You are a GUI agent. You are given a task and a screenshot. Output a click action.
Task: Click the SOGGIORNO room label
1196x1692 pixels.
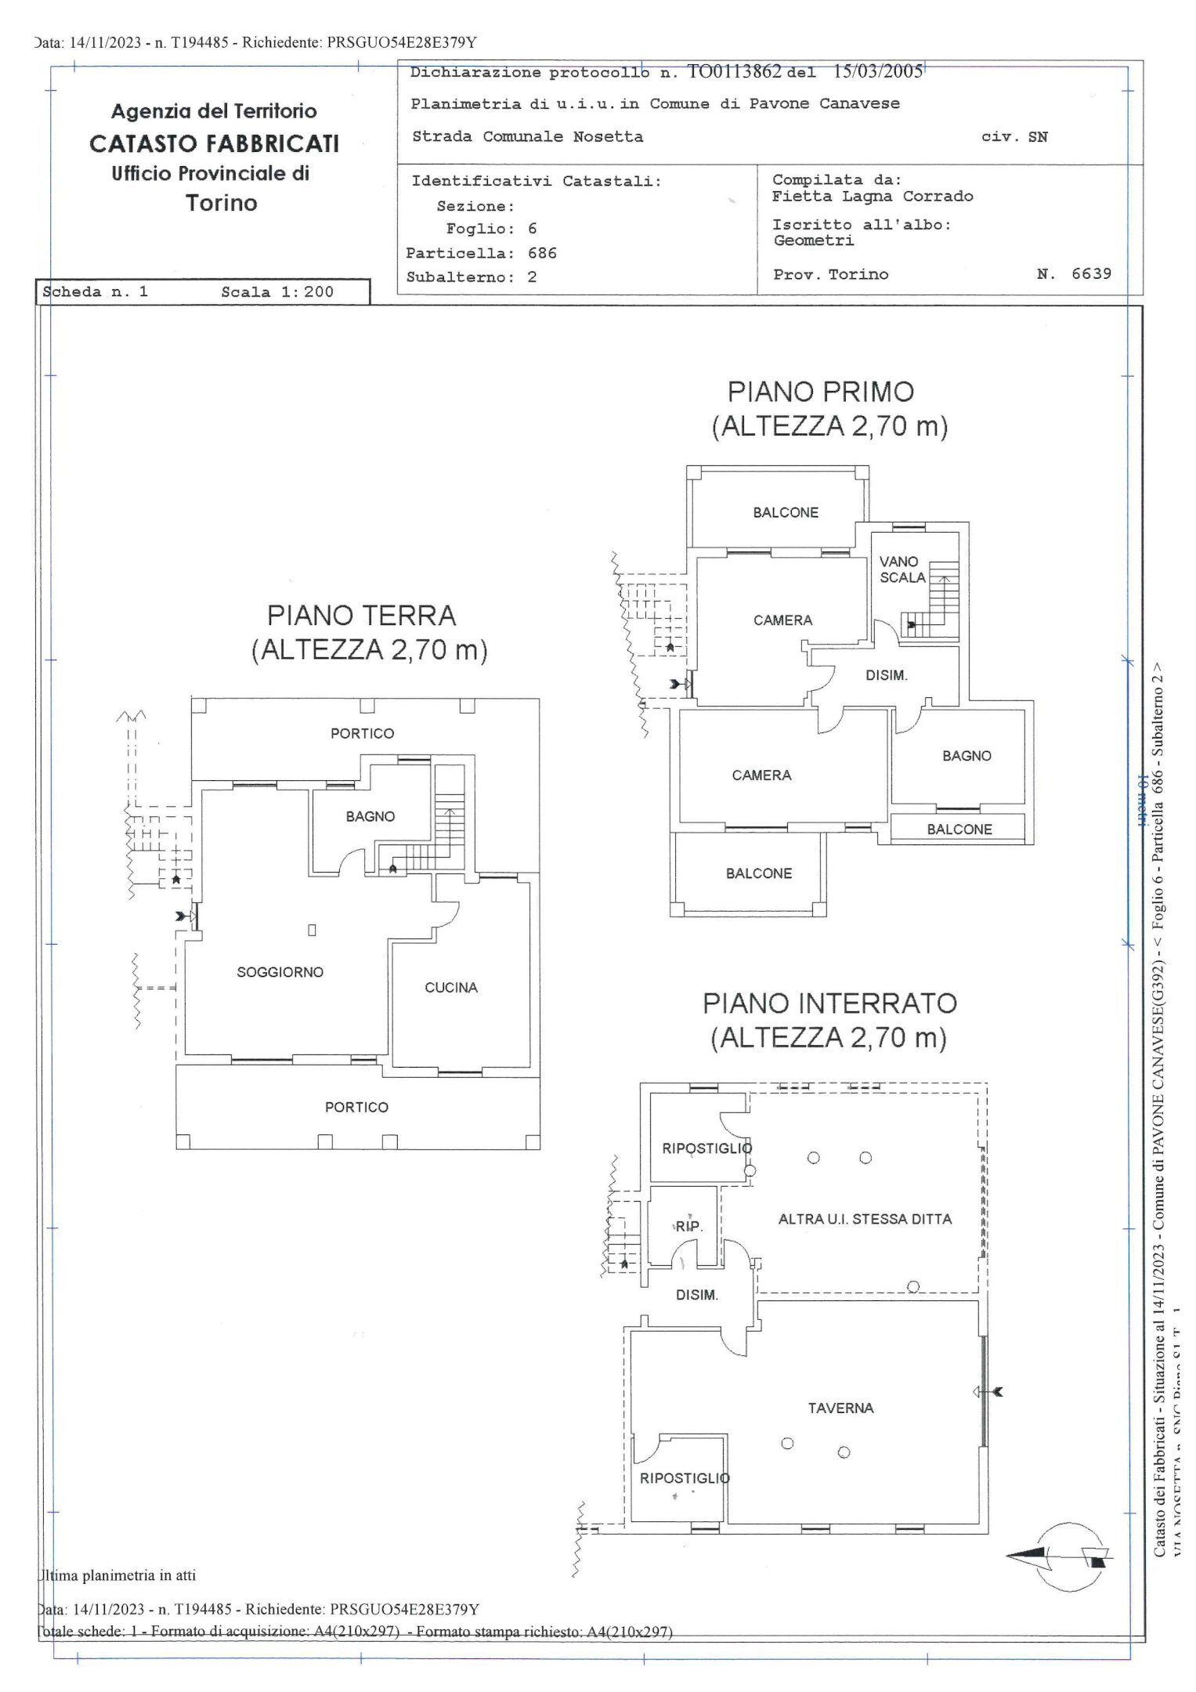[280, 972]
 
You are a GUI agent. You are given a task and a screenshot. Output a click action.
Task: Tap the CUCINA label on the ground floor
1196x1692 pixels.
[451, 988]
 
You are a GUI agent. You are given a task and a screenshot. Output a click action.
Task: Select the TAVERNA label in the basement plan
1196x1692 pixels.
[840, 1408]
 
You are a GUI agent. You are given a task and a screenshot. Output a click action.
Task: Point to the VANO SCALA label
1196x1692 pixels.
[902, 569]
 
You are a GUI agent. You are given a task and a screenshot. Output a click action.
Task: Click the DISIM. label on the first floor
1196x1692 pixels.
[886, 675]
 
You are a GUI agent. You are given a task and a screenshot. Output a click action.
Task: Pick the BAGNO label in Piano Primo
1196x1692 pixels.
[967, 756]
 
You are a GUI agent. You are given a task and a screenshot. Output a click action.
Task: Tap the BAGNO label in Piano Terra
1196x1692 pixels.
[370, 816]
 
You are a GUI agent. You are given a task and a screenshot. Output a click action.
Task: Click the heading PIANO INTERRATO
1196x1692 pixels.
[829, 1003]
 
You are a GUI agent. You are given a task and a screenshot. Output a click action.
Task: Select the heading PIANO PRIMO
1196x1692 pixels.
[821, 392]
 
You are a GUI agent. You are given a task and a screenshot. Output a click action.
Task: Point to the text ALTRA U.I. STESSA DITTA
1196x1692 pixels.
[865, 1219]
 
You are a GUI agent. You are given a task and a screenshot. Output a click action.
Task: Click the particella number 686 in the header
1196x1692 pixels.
[542, 253]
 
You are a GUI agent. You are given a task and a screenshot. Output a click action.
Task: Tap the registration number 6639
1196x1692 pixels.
[1091, 273]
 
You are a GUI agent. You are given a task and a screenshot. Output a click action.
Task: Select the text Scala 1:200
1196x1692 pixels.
[277, 292]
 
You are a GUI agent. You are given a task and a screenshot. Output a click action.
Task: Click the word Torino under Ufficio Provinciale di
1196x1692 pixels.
[222, 203]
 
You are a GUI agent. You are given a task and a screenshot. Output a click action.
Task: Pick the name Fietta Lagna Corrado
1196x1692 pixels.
[873, 197]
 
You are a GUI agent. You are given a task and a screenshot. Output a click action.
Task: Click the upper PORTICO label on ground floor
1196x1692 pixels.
[362, 733]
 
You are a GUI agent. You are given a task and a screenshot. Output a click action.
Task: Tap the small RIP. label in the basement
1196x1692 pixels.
[689, 1227]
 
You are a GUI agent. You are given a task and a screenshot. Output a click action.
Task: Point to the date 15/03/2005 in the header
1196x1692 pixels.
[878, 72]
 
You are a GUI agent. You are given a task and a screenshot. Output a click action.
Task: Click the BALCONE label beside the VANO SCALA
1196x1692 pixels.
[786, 512]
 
